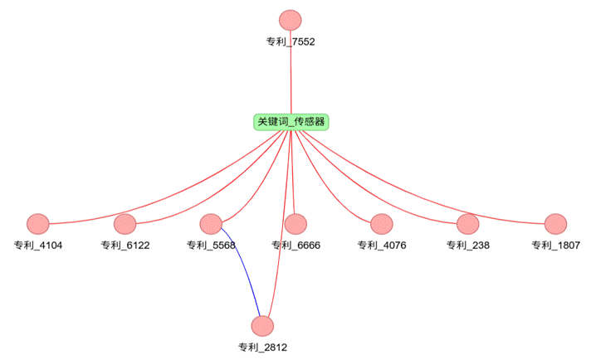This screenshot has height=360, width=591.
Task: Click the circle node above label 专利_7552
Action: pos(291,20)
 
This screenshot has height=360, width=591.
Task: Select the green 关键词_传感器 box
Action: pos(291,122)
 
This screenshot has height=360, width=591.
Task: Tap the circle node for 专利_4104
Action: pos(38,224)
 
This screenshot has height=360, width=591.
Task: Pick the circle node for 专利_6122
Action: pos(125,224)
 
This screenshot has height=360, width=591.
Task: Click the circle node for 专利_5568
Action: pos(211,224)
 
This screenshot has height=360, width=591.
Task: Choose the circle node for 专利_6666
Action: pos(295,224)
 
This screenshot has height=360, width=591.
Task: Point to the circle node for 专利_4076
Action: pos(381,224)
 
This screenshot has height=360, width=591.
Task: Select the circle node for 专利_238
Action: pos(467,224)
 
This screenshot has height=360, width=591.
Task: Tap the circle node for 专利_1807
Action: pos(555,224)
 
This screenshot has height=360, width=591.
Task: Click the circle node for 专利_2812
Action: pos(262,326)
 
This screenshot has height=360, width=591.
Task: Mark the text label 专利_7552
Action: pos(291,41)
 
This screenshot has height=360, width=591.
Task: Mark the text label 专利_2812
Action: pos(262,348)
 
